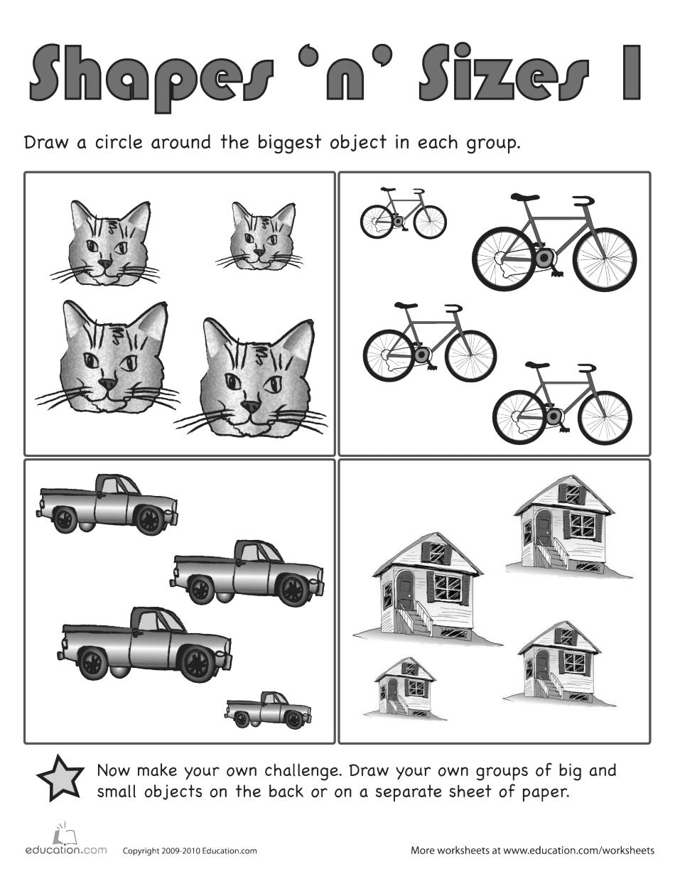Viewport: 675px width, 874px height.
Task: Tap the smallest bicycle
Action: point(403,214)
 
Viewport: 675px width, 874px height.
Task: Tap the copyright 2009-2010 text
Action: point(190,851)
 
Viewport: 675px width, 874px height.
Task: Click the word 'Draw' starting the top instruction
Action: point(47,142)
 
